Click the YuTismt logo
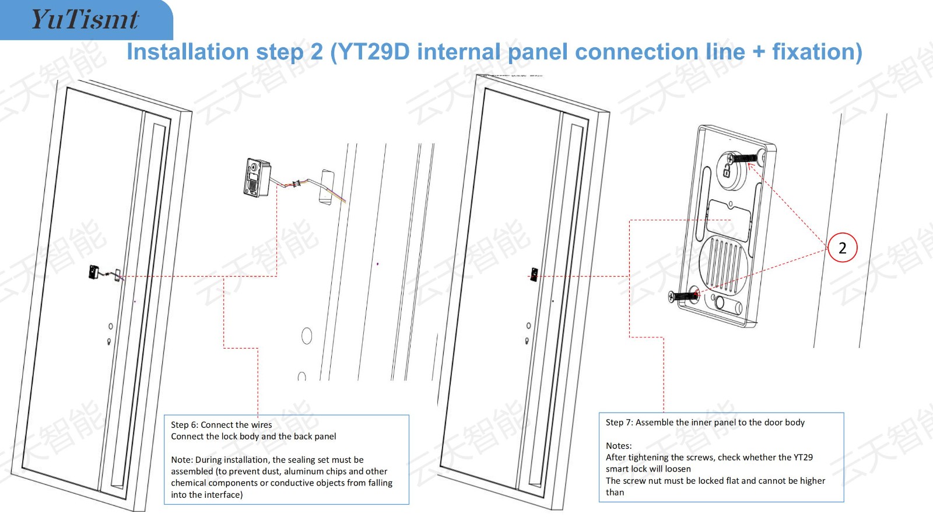pyautogui.click(x=85, y=19)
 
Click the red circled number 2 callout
pyautogui.click(x=842, y=248)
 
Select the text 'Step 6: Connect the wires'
pyautogui.click(x=222, y=425)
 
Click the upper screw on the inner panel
pyautogui.click(x=745, y=157)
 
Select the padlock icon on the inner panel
pyautogui.click(x=727, y=171)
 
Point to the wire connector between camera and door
pyautogui.click(x=297, y=184)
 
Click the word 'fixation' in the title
pyautogui.click(x=816, y=52)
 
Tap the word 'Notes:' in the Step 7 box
pyautogui.click(x=619, y=446)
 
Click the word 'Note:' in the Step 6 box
pyautogui.click(x=181, y=460)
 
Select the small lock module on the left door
pyautogui.click(x=94, y=272)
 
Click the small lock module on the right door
pyautogui.click(x=534, y=273)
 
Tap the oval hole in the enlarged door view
pyautogui.click(x=307, y=336)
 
